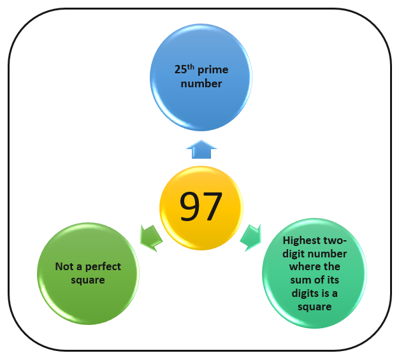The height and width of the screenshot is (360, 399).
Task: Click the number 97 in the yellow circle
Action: pos(201,206)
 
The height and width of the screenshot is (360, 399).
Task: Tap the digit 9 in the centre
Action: pos(190,206)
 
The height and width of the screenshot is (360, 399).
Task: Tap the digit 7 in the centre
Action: pos(212,206)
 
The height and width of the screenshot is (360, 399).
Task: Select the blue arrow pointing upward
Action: pos(201,149)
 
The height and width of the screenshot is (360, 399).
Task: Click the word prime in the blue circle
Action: pos(213,69)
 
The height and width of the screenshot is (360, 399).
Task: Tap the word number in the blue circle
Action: pos(201,83)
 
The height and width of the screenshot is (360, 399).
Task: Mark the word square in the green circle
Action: pos(88,280)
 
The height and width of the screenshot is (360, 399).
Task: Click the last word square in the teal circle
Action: pos(315,307)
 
